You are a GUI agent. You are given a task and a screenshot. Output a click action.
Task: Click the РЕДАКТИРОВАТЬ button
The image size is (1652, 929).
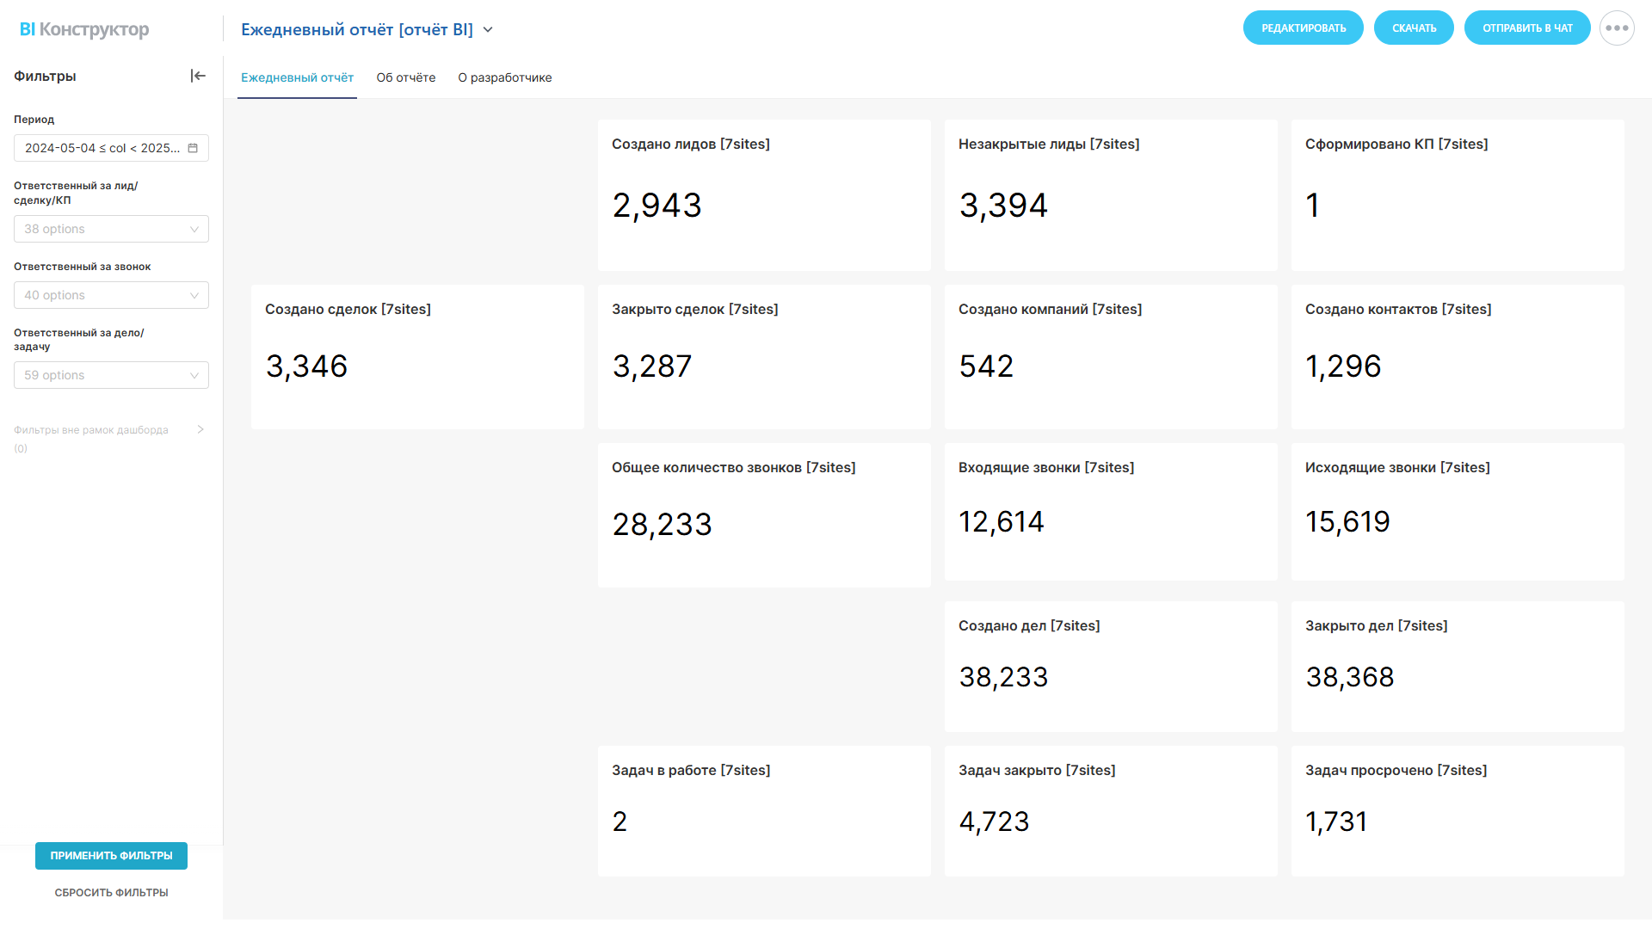pos(1303,28)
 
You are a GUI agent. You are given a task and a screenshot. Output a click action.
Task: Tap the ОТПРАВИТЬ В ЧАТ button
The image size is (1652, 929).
pos(1527,28)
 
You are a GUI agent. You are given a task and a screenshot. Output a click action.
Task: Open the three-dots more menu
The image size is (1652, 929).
pos(1617,28)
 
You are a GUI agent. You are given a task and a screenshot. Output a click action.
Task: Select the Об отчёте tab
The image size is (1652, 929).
pos(406,77)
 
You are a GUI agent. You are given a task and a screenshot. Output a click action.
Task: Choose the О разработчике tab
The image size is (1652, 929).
pos(505,77)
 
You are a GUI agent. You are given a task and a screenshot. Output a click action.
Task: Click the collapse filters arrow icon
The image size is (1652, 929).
pos(198,76)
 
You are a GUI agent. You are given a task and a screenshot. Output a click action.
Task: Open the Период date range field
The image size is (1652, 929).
pos(111,148)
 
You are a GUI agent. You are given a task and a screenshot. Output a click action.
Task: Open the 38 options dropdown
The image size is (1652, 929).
pos(111,229)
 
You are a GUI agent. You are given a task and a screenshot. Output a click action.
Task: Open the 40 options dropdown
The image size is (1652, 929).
pos(111,295)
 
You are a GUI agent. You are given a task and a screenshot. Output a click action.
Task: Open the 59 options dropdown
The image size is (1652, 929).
pos(111,375)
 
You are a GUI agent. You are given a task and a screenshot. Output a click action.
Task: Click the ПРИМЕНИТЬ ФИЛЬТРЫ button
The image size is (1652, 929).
pos(111,856)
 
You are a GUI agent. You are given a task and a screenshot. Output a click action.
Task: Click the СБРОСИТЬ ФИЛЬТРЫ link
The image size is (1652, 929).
pos(111,893)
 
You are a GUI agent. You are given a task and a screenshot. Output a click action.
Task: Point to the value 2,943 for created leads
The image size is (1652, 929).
pos(656,206)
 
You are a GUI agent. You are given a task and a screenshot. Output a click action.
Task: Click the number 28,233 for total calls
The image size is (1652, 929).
pos(662,525)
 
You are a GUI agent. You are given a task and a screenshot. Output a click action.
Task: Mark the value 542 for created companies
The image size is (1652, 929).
pos(986,366)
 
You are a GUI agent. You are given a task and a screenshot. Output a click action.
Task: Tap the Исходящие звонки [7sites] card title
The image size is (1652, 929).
pos(1397,468)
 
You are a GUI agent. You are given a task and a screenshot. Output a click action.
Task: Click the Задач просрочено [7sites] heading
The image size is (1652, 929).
pos(1396,771)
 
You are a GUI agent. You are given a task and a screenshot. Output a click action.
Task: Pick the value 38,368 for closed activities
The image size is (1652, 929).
pos(1349,678)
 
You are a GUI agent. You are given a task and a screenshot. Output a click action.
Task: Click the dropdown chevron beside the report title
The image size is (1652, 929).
pos(488,30)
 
